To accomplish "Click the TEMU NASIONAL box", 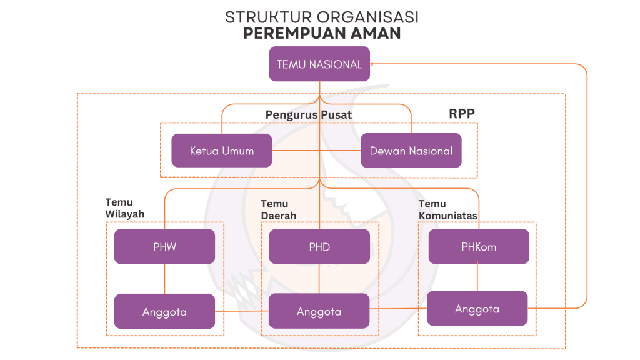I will (x=319, y=64).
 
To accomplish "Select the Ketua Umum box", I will (x=222, y=151).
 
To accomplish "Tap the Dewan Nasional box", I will (x=411, y=151).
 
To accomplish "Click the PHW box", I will (x=164, y=246).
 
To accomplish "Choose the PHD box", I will (x=319, y=246).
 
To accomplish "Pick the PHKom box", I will (x=479, y=246).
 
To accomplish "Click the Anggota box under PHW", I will (x=164, y=311).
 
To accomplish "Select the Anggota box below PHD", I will (x=319, y=311).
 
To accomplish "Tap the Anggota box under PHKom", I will (x=477, y=309).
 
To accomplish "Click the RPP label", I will (x=462, y=114).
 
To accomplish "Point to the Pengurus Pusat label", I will (x=309, y=114).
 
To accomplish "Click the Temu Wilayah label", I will (x=125, y=208).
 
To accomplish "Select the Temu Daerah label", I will (x=278, y=210).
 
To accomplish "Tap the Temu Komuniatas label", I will (x=447, y=210).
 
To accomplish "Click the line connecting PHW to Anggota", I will (x=164, y=279).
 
